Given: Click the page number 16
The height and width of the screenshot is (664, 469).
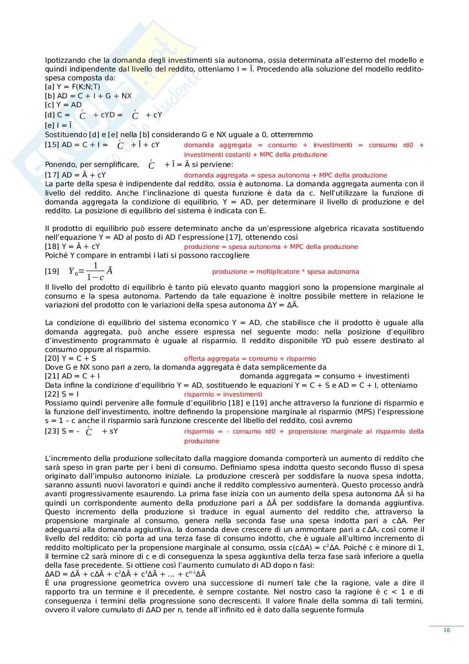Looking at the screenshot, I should click(446, 630).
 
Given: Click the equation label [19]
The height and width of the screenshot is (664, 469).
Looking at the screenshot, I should click(52, 271).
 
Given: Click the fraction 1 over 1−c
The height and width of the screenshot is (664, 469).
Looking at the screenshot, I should click(95, 271).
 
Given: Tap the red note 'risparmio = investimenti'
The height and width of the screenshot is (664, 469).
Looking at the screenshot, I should click(223, 394).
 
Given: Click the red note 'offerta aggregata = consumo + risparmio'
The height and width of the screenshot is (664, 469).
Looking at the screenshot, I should click(250, 359).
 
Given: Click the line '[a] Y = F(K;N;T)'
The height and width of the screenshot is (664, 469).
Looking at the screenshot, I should click(73, 87).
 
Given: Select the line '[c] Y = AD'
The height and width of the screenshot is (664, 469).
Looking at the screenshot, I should click(63, 105).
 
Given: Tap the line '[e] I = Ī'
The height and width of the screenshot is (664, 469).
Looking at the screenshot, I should click(58, 125).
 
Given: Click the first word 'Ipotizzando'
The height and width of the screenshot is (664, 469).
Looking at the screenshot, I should click(65, 60).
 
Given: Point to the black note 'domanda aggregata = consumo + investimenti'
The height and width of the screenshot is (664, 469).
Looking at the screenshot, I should click(324, 376).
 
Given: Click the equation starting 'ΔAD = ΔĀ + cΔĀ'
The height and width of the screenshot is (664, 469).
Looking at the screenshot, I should click(125, 574).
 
